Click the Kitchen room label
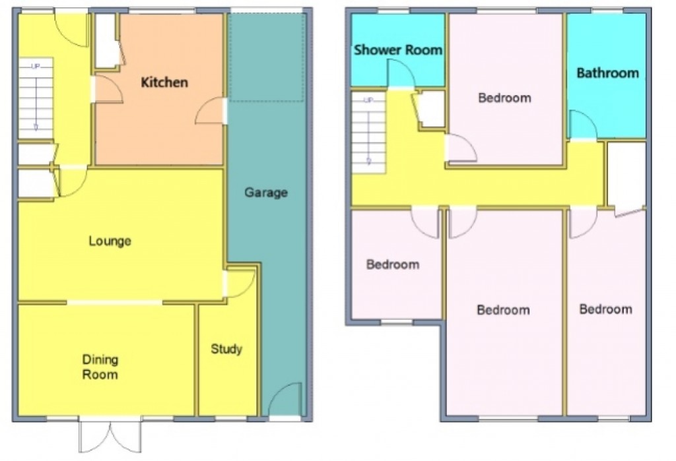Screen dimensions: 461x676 165,82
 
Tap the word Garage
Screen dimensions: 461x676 266,193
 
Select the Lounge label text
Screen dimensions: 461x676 110,241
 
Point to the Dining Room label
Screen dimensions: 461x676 100,367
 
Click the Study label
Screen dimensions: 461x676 226,349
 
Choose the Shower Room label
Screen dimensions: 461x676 397,50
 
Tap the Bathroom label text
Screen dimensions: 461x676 607,73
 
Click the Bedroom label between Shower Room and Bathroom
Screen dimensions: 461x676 504,98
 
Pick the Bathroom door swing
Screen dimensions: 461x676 581,125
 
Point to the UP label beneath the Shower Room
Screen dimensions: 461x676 368,100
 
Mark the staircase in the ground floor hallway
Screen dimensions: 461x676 35,99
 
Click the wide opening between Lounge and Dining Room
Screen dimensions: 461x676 115,303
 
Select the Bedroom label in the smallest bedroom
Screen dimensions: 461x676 393,264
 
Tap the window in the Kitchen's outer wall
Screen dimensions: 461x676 162,11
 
